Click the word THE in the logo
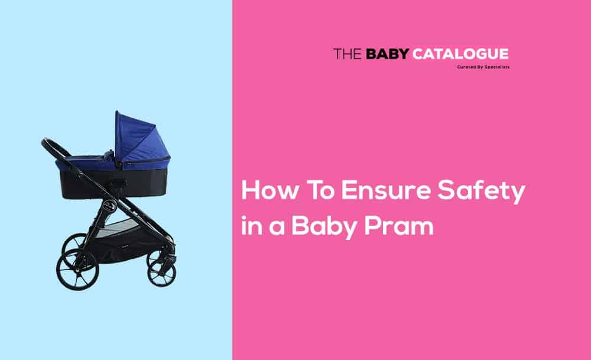[x=348, y=54]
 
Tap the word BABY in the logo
[x=387, y=54]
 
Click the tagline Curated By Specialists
[x=483, y=67]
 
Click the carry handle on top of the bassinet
[x=107, y=154]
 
